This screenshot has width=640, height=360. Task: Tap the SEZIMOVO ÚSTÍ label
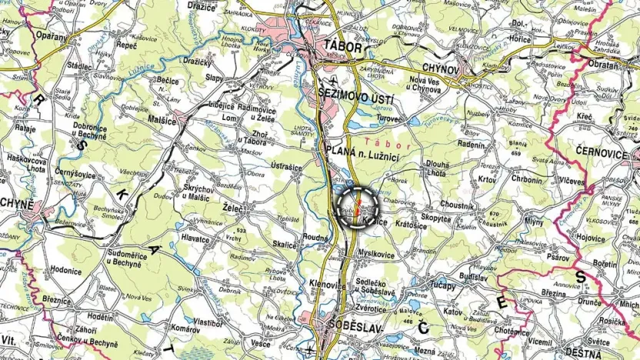tap(357, 101)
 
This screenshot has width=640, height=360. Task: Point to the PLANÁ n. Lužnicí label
tap(358, 150)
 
